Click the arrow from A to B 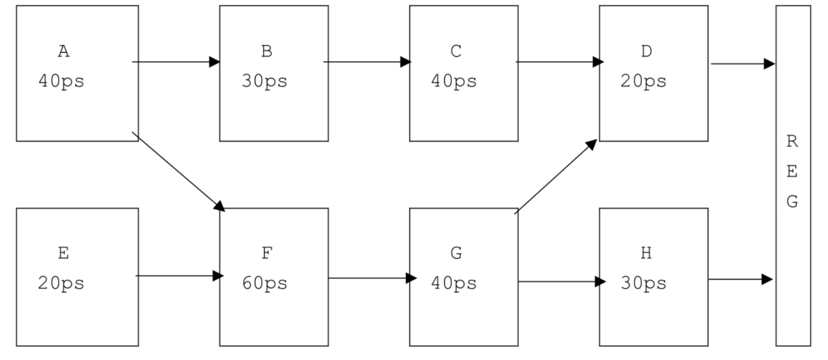tap(176, 62)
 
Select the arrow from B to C tap(367, 62)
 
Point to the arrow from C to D tap(560, 62)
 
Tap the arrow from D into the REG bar tap(743, 64)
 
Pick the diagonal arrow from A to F tap(179, 172)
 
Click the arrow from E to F tap(179, 276)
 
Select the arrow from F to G tap(373, 278)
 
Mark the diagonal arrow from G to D tap(556, 176)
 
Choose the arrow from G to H tap(562, 281)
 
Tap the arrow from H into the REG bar tap(741, 279)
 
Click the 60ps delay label tap(265, 283)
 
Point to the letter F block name tap(267, 253)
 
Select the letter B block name tap(266, 52)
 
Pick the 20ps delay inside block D tap(644, 82)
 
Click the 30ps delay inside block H tap(644, 283)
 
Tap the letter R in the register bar tap(792, 141)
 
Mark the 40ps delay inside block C tap(454, 82)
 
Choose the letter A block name tap(64, 52)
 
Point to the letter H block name tap(646, 253)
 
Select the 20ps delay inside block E tap(61, 283)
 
